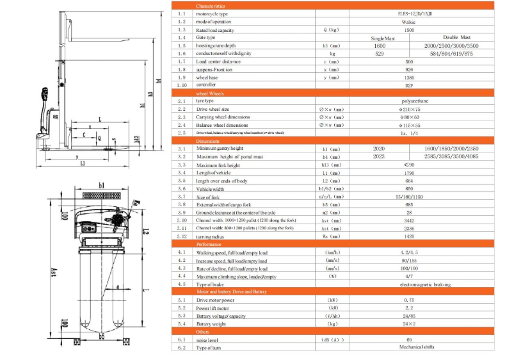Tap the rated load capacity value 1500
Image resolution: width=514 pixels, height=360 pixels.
tap(409, 29)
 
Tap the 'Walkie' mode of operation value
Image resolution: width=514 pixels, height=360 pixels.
tap(409, 22)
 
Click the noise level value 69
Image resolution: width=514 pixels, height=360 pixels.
tap(409, 339)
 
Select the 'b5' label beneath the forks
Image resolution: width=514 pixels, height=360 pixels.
tap(100, 335)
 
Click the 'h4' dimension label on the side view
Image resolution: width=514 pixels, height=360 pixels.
tap(158, 81)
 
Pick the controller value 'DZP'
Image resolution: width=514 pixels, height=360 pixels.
tap(409, 85)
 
